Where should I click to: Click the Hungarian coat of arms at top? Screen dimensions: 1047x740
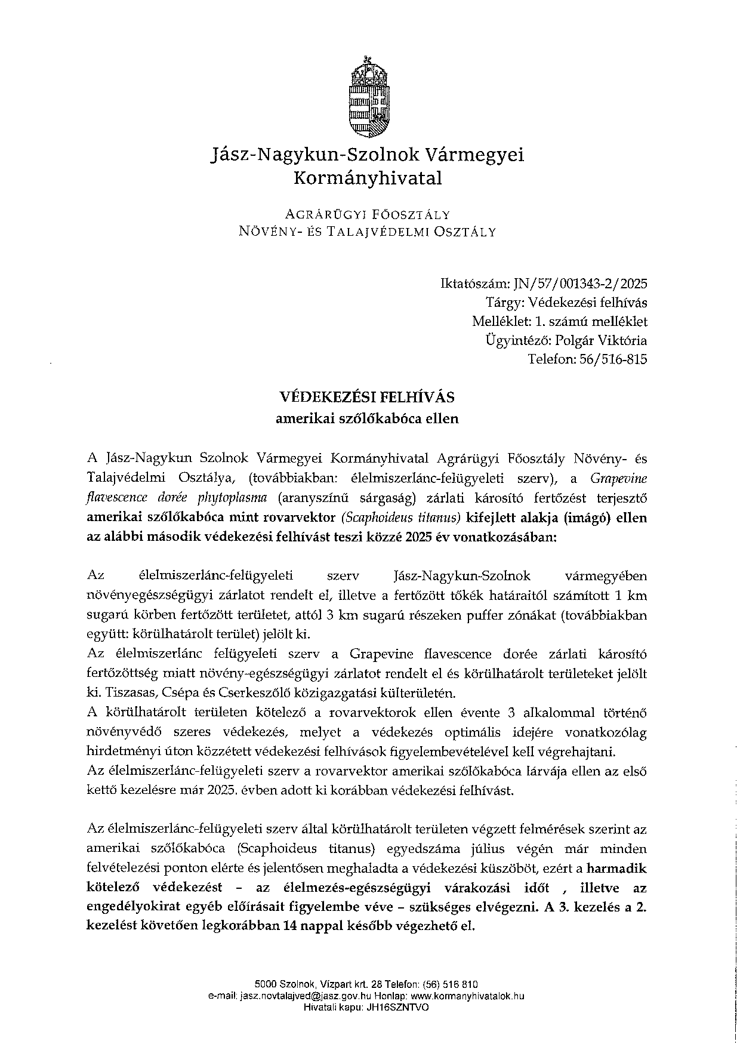(369, 96)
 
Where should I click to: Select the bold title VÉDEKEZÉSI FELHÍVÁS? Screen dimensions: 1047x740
(367, 397)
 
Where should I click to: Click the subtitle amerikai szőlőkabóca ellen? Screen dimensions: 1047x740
(367, 418)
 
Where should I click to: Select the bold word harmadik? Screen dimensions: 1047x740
(616, 868)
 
